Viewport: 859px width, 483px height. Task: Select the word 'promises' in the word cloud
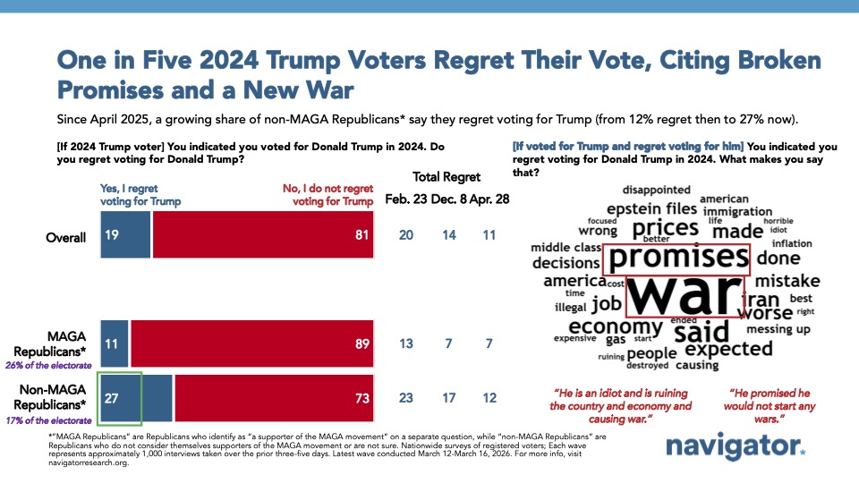(676, 259)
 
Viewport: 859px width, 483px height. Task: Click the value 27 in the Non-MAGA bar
(114, 398)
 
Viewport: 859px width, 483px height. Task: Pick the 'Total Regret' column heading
(447, 177)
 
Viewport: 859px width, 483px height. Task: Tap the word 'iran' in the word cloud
(762, 299)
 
